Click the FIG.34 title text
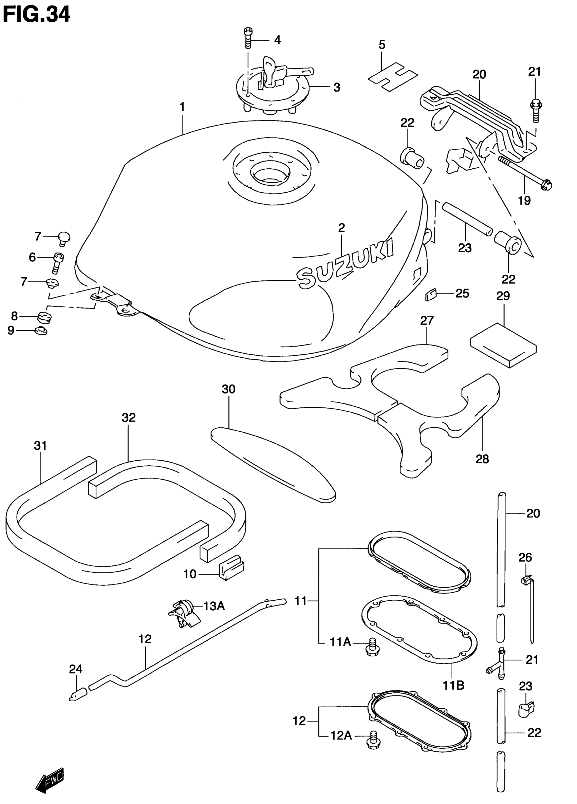(x=37, y=15)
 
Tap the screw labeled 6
(x=58, y=262)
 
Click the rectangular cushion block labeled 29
(x=503, y=344)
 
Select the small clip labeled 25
(x=430, y=294)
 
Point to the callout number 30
(x=228, y=389)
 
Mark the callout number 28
(x=482, y=459)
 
